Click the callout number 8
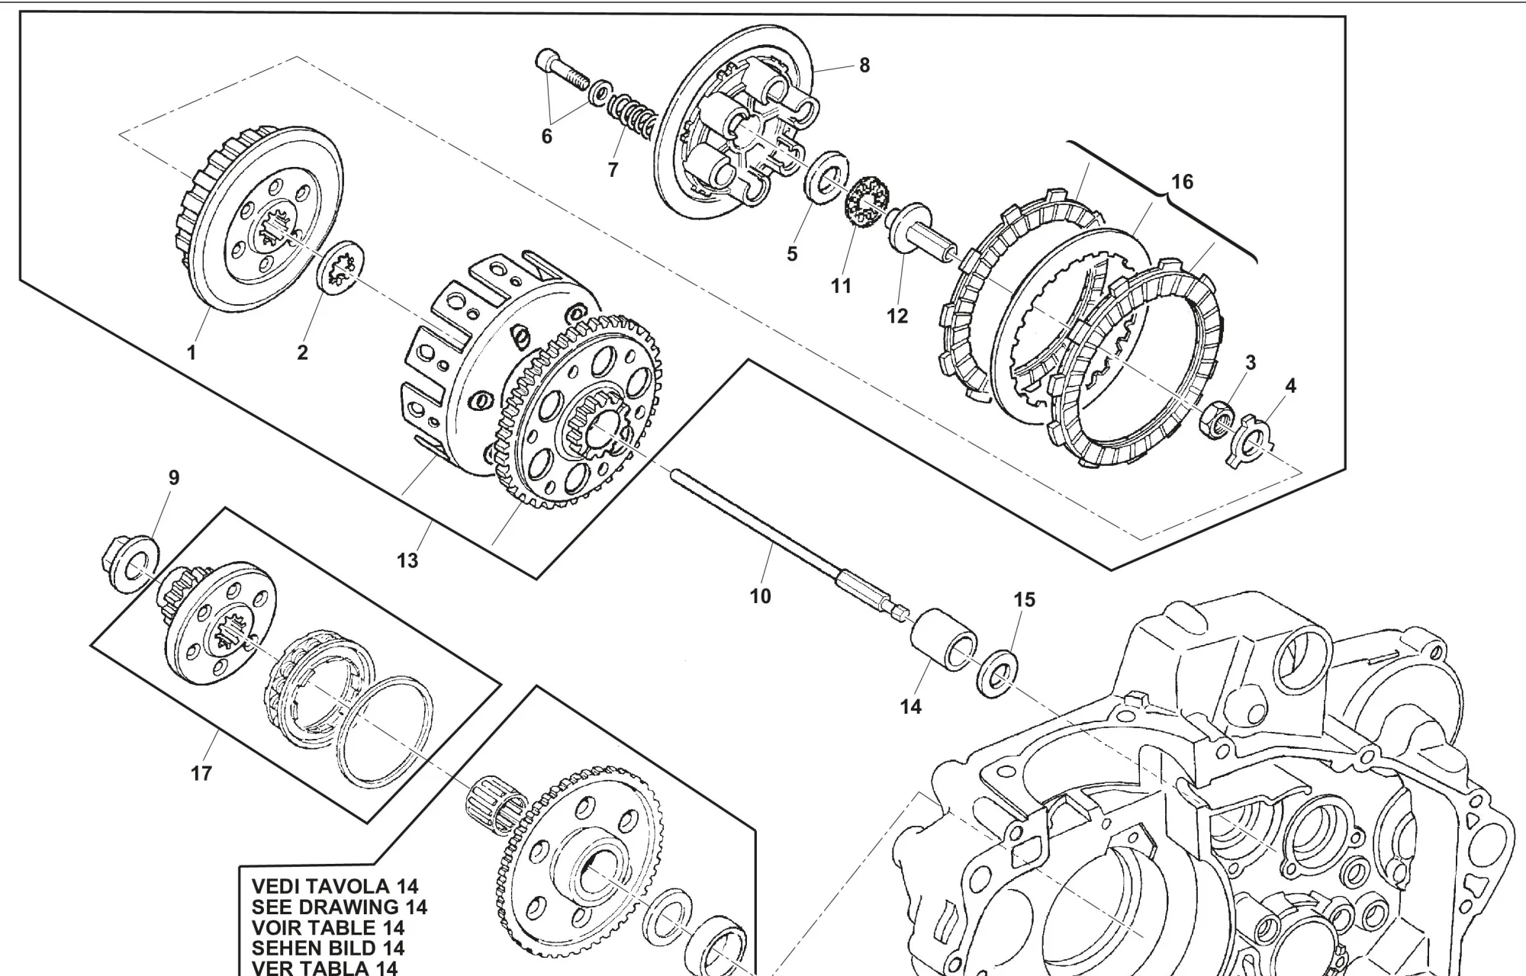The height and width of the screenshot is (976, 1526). (x=864, y=66)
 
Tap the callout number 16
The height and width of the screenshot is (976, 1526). (x=1181, y=182)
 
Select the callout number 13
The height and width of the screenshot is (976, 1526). (x=407, y=560)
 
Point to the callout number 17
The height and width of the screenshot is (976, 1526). (x=201, y=773)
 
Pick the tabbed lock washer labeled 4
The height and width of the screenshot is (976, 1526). (x=1251, y=439)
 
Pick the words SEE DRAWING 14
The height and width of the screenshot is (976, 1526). (x=339, y=907)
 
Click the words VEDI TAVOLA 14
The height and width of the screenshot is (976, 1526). (x=335, y=887)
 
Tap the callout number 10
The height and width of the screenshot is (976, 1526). (x=761, y=596)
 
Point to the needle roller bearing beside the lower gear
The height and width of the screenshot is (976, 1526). (x=494, y=811)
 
